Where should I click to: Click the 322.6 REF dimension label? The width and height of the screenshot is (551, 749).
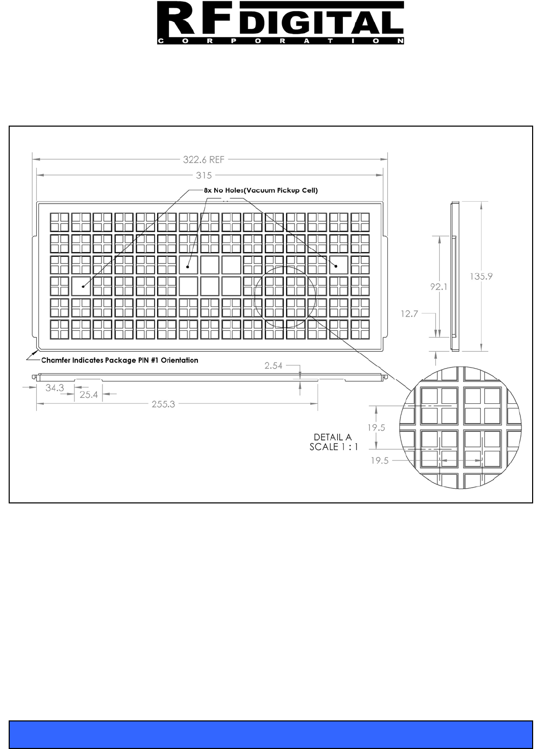204,160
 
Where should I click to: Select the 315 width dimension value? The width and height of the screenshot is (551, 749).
204,175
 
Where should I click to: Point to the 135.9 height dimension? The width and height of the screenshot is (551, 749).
481,276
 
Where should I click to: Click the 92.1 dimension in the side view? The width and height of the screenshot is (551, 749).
438,287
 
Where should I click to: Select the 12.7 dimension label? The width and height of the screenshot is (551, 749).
409,314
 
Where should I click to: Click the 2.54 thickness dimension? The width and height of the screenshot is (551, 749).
273,366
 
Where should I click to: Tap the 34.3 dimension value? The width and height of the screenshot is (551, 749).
55,388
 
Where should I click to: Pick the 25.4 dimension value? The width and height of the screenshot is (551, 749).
89,394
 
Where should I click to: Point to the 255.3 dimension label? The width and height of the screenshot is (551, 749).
163,404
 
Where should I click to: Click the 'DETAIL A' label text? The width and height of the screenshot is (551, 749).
333,437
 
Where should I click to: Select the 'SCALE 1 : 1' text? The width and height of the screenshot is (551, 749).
334,447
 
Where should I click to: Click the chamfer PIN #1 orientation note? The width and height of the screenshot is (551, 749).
119,360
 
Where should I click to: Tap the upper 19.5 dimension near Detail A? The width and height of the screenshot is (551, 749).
377,428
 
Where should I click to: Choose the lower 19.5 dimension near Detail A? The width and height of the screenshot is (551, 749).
380,461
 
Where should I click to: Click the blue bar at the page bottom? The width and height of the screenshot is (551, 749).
271,734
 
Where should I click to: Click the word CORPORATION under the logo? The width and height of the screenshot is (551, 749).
280,41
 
